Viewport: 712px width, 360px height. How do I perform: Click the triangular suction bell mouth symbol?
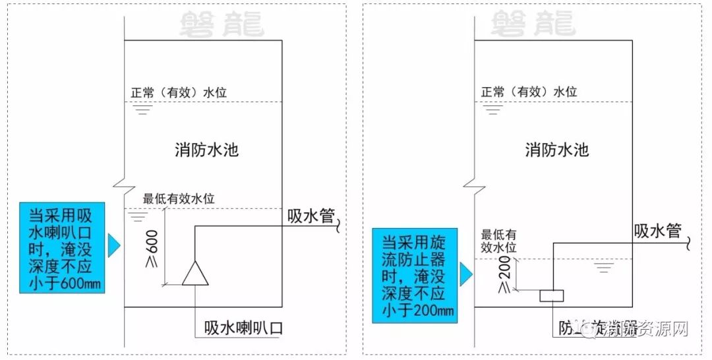[195, 274]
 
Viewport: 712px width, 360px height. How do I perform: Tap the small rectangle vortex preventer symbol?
[551, 297]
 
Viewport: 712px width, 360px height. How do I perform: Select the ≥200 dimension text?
[504, 275]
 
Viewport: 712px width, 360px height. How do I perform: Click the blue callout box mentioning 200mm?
[414, 275]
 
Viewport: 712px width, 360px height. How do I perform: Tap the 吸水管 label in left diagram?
[311, 216]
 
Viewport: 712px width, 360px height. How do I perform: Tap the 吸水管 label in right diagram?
[658, 231]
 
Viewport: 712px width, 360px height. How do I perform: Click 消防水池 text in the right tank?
[556, 150]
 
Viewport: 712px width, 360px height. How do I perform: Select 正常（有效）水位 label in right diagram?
[529, 92]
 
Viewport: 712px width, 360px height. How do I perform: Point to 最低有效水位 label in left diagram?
[179, 198]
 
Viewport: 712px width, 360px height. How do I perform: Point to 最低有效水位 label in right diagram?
[498, 240]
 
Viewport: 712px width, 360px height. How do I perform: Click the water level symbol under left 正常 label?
[138, 109]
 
